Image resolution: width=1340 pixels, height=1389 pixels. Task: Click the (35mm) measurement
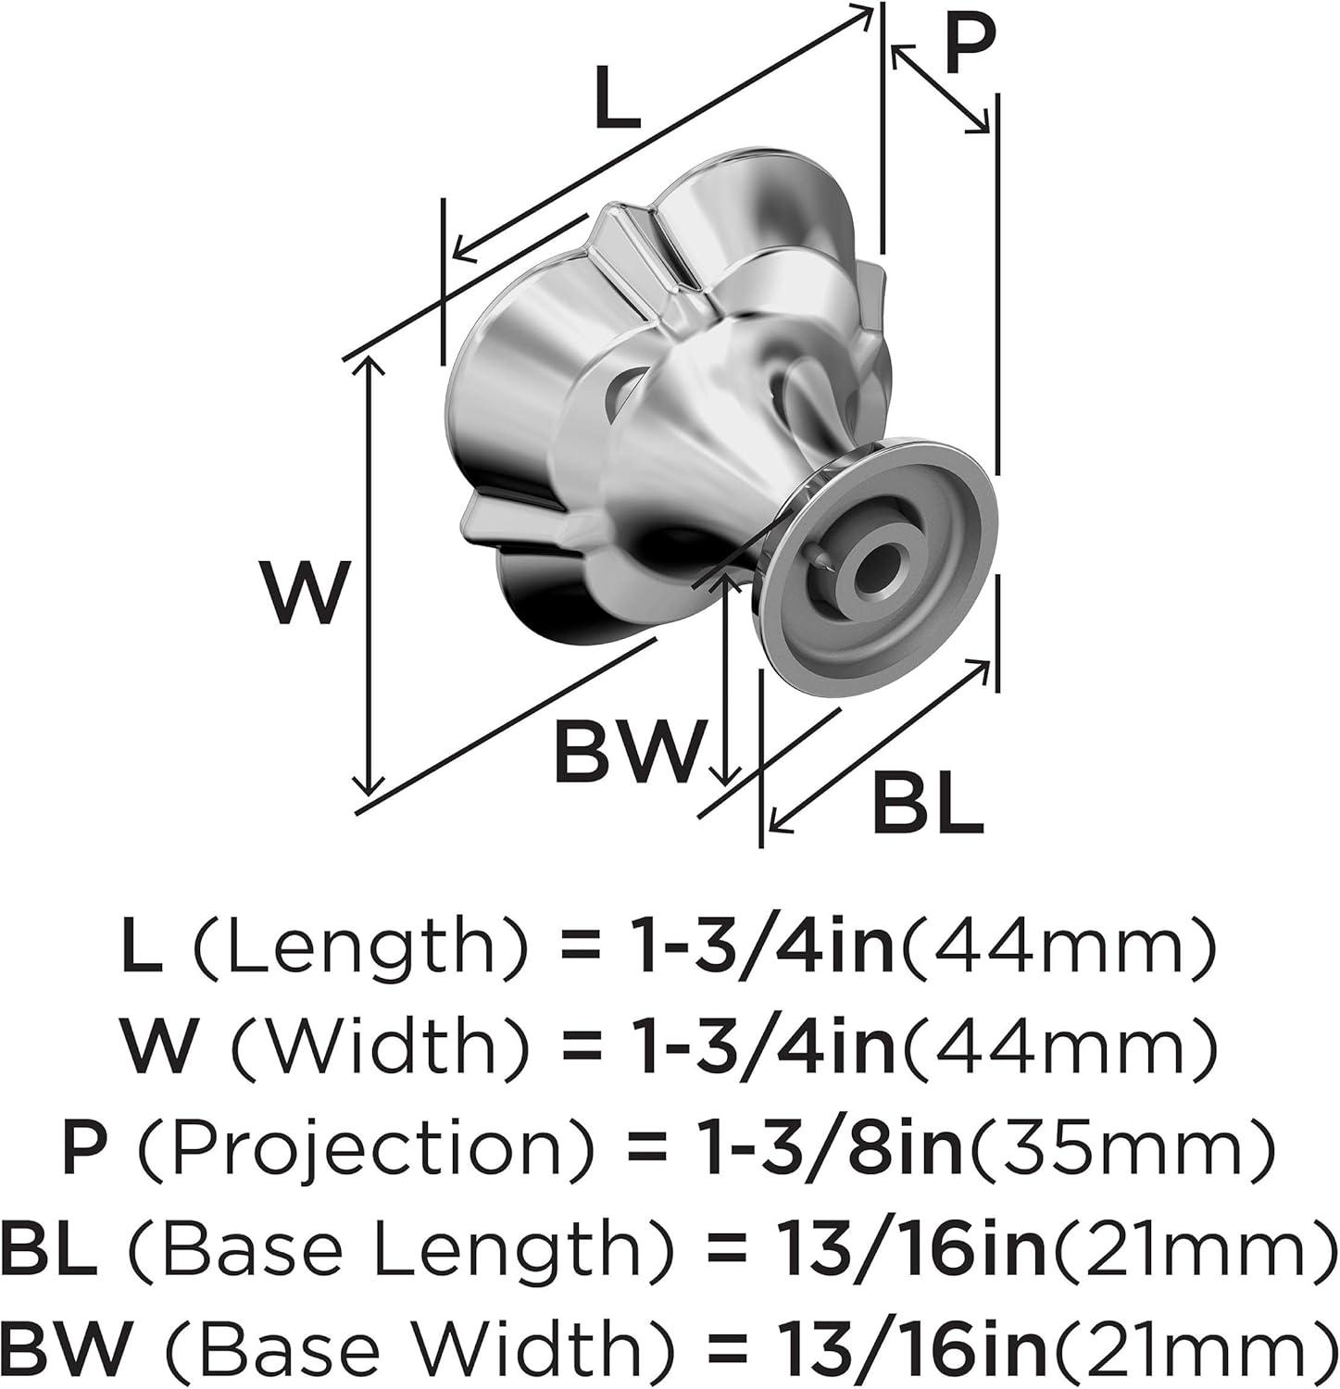(1119, 1149)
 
